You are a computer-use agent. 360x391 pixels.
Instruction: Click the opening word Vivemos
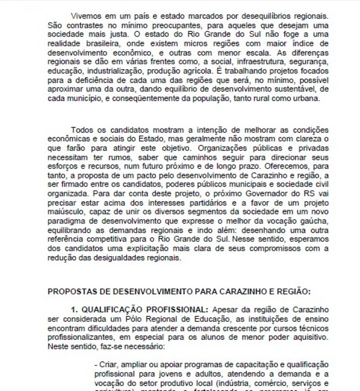click(85, 16)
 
